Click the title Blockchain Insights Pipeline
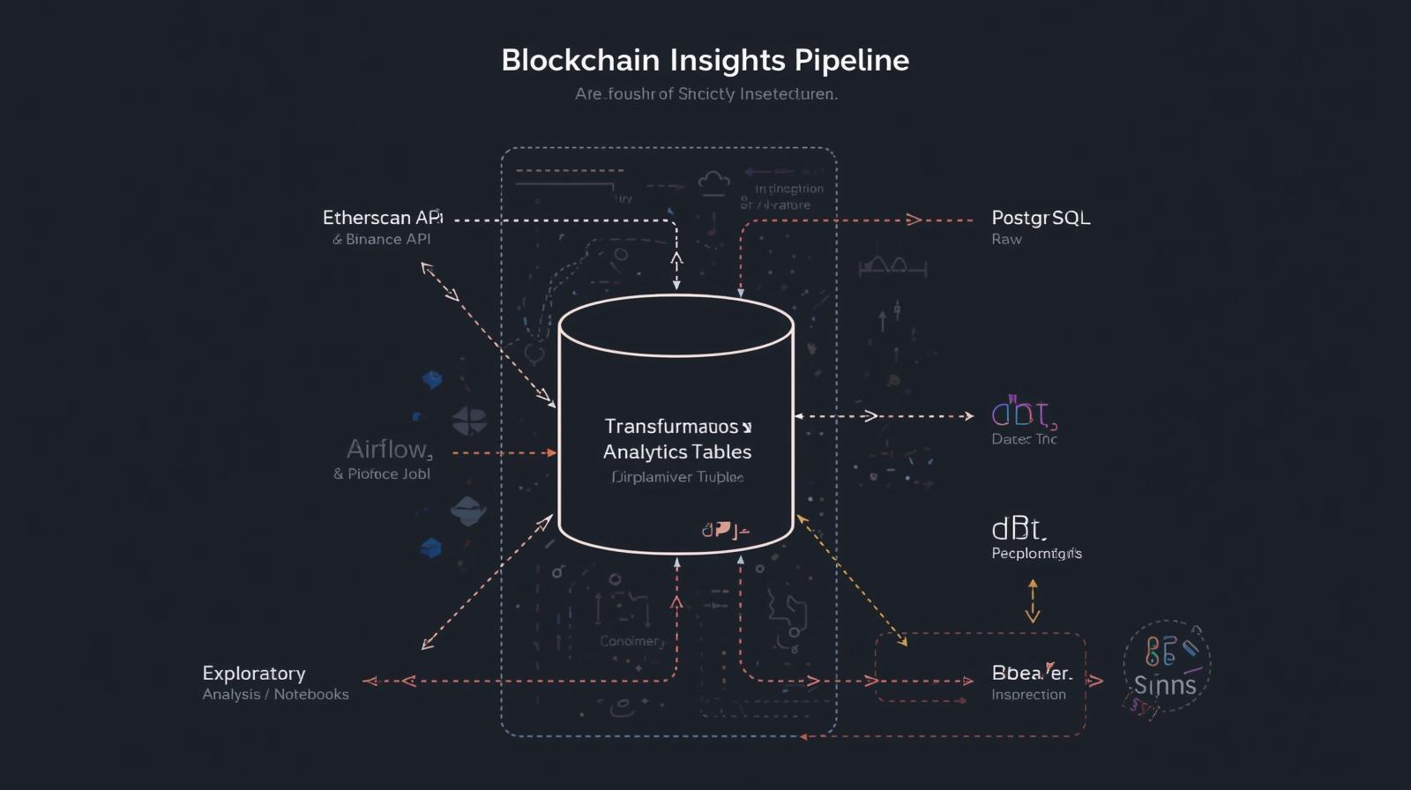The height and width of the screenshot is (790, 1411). click(705, 60)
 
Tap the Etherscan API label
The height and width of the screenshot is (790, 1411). click(382, 217)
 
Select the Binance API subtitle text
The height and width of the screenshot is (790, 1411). click(382, 239)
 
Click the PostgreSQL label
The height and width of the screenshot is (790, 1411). click(1041, 217)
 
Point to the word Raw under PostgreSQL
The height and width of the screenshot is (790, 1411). click(1006, 239)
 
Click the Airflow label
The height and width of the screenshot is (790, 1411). click(389, 450)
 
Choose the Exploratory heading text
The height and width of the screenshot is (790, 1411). click(254, 673)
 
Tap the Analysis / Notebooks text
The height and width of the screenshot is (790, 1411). click(275, 695)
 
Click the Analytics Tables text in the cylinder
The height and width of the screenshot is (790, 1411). click(677, 451)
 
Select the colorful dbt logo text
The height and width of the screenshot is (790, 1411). click(1023, 414)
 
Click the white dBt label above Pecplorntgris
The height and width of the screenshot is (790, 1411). click(1019, 529)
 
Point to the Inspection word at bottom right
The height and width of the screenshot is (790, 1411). click(1028, 695)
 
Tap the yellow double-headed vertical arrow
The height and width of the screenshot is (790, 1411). click(1033, 601)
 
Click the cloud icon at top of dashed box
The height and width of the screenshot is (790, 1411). click(713, 183)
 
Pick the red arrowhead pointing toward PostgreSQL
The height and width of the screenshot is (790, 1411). click(914, 220)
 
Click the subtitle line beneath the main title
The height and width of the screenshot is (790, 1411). click(705, 93)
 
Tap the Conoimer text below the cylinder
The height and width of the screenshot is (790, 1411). click(631, 641)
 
